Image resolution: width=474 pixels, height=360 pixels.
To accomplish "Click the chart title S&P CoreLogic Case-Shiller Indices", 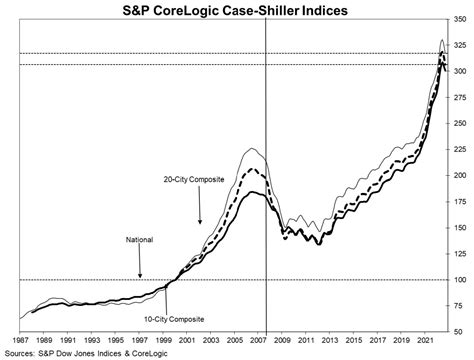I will point(237,10).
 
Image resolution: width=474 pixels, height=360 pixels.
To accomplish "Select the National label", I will point(140,240).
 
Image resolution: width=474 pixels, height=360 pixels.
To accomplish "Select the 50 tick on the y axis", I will point(459,332).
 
